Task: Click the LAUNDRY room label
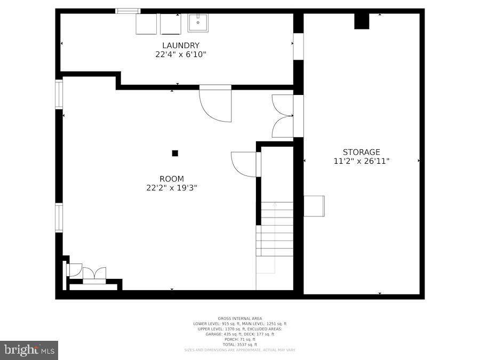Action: click(181, 46)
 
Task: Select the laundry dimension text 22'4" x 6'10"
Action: click(181, 54)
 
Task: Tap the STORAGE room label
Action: click(361, 152)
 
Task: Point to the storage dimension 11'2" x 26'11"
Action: click(361, 161)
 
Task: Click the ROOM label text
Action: click(172, 179)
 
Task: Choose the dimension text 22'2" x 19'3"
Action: click(172, 188)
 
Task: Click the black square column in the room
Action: click(175, 153)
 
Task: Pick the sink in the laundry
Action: click(197, 23)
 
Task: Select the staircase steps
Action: click(275, 229)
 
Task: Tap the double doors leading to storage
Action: click(283, 116)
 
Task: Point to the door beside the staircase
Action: click(245, 164)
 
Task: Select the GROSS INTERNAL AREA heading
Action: click(239, 318)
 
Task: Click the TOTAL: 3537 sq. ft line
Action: click(239, 345)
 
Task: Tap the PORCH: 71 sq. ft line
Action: click(239, 339)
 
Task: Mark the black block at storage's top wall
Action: click(362, 21)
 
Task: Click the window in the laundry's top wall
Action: click(128, 11)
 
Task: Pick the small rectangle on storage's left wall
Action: click(314, 206)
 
